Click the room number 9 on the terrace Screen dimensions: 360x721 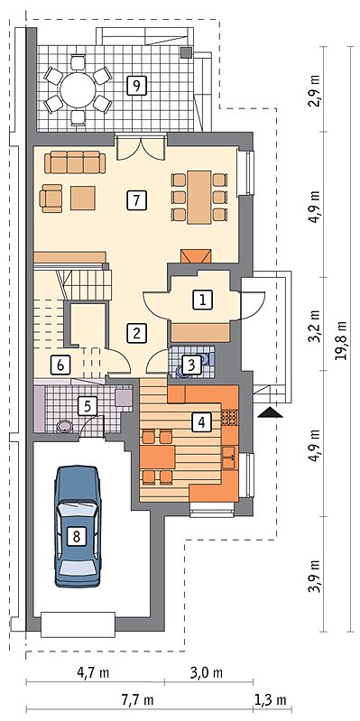click(136, 85)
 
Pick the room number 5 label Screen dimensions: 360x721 click(88, 405)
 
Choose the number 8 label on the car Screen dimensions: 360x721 click(77, 536)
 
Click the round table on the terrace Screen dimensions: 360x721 click(78, 89)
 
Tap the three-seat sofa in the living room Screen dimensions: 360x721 click(76, 162)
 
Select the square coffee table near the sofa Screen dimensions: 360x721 click(83, 198)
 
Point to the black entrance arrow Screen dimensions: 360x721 click(271, 412)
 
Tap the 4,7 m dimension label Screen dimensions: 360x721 click(93, 673)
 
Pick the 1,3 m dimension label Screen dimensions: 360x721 click(271, 700)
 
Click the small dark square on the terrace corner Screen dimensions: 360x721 click(187, 52)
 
